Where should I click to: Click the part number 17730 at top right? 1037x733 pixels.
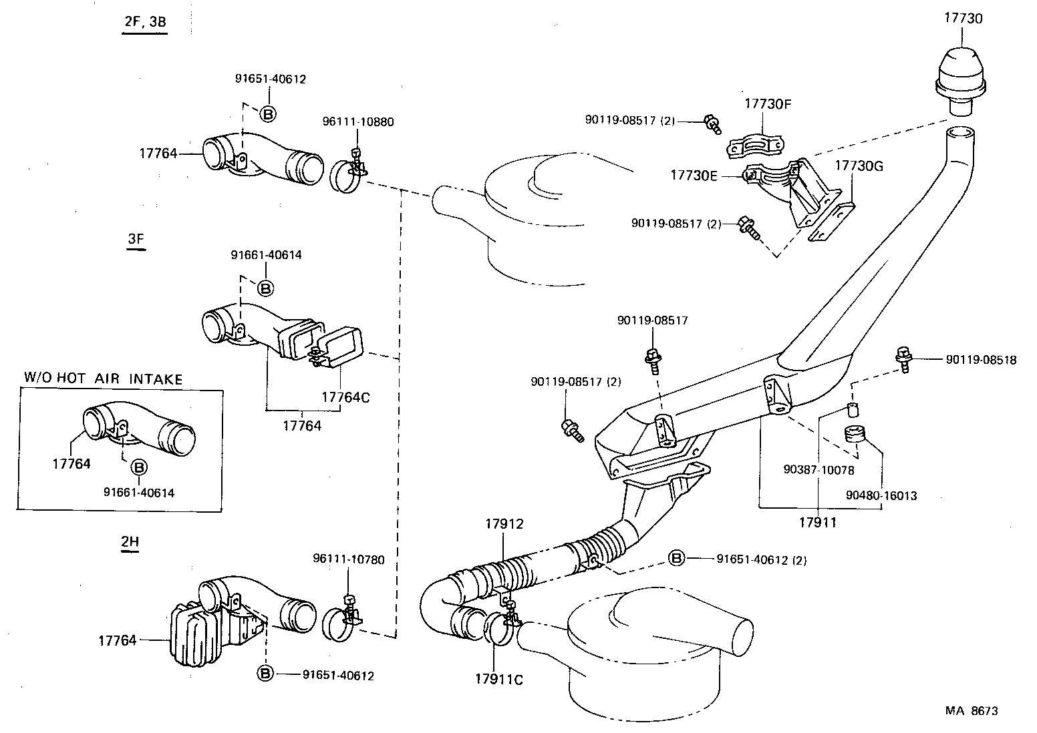point(963,18)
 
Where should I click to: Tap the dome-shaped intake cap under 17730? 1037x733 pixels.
point(963,73)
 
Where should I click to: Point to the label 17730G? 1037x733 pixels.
point(859,166)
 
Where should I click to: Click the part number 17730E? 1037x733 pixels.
point(694,175)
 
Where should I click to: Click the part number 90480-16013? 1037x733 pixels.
point(881,496)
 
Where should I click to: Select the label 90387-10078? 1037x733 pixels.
point(819,470)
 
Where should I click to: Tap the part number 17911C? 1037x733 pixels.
point(499,680)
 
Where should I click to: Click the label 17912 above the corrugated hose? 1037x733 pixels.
point(504,524)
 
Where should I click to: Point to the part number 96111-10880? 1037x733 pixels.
point(358,122)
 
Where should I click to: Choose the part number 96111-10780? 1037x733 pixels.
point(349,559)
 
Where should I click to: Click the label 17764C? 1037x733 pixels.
point(345,397)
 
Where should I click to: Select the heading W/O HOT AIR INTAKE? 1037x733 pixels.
point(103,379)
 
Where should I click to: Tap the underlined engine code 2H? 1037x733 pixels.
point(130,542)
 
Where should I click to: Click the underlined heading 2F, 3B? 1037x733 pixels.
point(145,21)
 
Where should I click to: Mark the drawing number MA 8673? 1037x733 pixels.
point(971,711)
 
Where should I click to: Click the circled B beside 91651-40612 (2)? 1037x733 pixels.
point(676,559)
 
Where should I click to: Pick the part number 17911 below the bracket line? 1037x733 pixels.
point(818,522)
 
